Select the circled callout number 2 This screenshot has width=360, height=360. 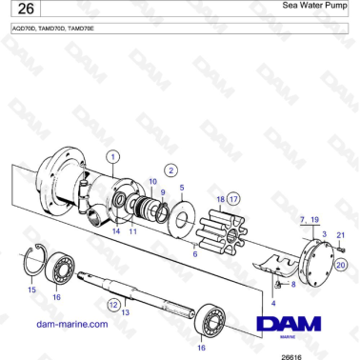171,169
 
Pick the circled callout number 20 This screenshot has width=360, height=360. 340,267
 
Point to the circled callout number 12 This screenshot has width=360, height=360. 113,305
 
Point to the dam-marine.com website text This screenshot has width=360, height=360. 71,324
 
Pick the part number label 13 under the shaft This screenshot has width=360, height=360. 125,312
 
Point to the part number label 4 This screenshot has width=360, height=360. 274,302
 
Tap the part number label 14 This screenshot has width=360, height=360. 116,231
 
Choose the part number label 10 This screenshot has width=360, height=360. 153,181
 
